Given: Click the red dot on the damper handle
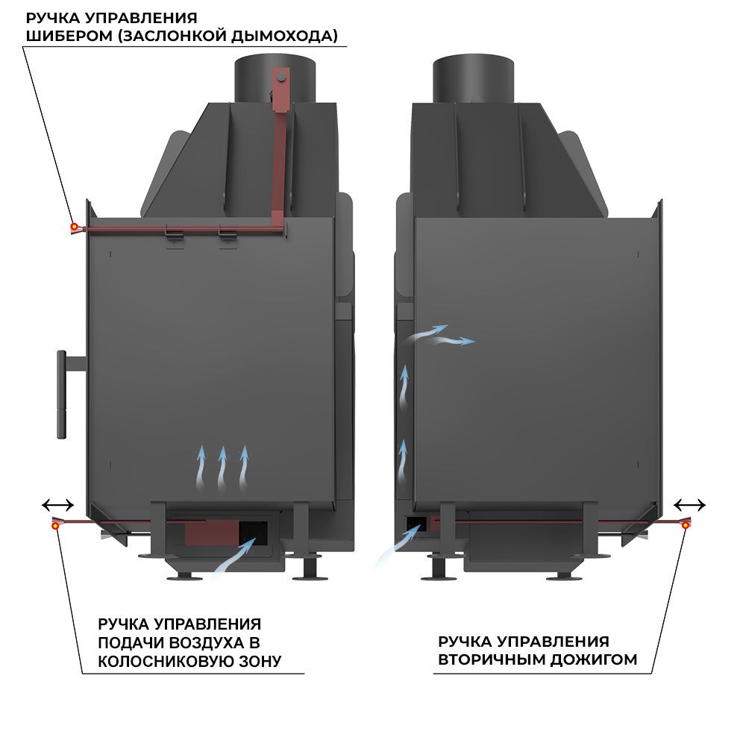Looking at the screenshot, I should pos(73,226).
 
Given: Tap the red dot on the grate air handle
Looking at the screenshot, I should pos(56,525).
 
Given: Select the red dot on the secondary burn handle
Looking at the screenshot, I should pos(685,525).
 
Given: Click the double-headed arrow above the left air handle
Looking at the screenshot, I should pos(57,504).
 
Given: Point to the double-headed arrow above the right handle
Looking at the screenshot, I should pos(689,504).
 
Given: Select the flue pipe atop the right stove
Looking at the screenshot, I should pos(473,78).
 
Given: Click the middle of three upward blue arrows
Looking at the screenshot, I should pos(222,468).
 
